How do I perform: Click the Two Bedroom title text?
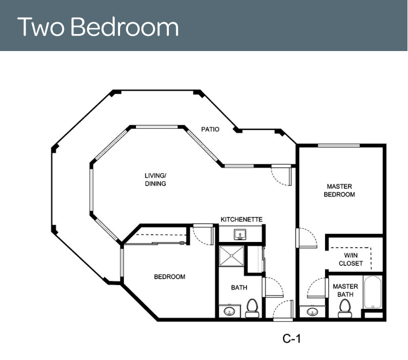[98, 27]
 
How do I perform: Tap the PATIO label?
[210, 129]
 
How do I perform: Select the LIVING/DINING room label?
[155, 180]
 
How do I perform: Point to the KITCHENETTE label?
[242, 219]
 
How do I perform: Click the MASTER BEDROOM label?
[339, 190]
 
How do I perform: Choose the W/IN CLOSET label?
[351, 259]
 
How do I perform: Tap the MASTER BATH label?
[345, 290]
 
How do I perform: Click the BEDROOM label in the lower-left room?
[169, 277]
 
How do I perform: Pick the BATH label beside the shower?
[239, 288]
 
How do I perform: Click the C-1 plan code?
[292, 339]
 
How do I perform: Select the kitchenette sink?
[240, 235]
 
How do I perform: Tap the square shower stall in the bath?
[232, 256]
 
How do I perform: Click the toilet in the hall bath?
[252, 308]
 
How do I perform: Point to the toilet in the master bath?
[345, 308]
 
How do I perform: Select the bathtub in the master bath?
[372, 292]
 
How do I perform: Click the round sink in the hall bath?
[229, 311]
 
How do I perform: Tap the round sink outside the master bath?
[312, 311]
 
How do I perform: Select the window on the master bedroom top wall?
[339, 145]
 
